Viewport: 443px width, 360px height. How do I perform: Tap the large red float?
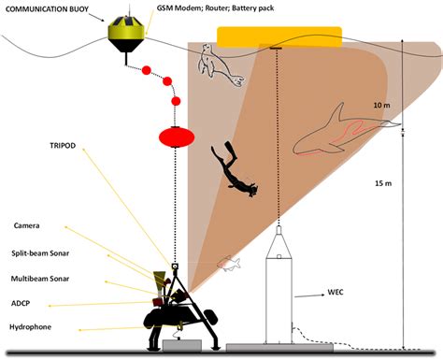click(x=176, y=137)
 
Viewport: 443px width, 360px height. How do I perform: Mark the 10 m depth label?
click(x=378, y=105)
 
